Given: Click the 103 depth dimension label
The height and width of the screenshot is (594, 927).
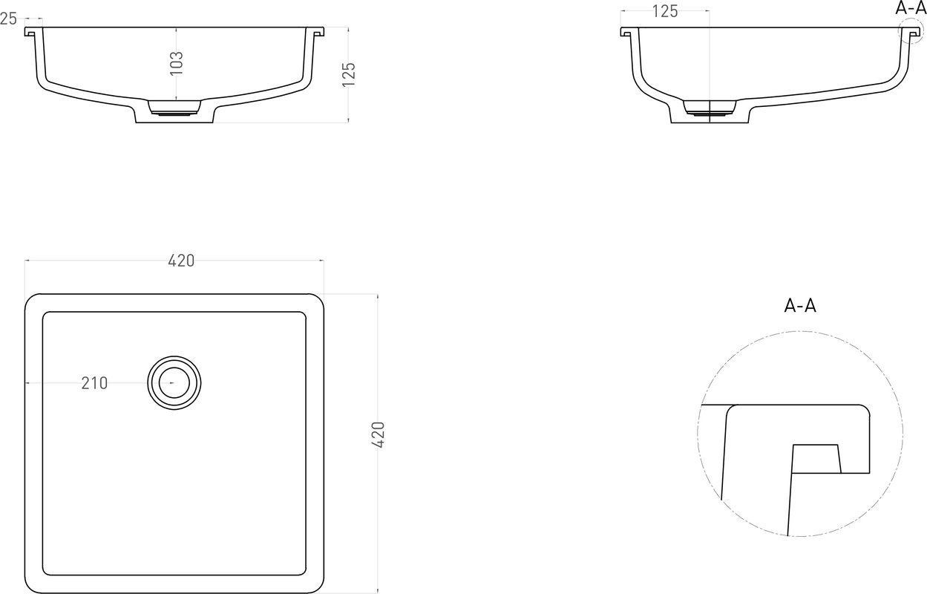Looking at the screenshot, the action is [x=177, y=63].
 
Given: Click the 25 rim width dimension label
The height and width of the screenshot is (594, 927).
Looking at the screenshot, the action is [x=8, y=19].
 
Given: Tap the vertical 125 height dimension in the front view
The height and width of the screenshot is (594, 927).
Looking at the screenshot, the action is [x=349, y=74].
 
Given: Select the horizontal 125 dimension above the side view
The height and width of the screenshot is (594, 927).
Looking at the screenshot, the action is [x=665, y=12].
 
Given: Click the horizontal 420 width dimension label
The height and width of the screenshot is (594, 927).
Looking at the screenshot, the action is [x=181, y=261].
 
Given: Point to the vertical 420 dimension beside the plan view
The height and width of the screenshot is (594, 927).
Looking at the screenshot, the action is [x=379, y=434].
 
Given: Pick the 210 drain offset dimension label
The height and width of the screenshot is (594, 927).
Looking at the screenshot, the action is [x=94, y=383].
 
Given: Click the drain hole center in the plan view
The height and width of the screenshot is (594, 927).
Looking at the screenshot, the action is [x=174, y=383].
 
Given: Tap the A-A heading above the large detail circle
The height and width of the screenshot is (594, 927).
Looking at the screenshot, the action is [x=800, y=306].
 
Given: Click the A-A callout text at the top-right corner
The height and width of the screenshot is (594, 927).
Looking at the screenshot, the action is [x=911, y=8].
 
